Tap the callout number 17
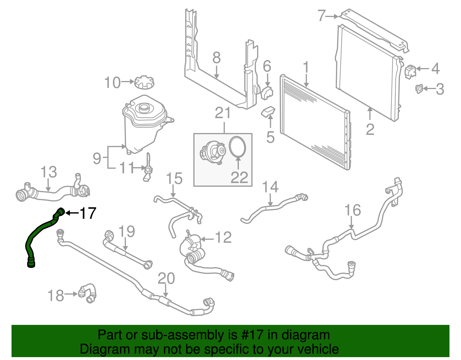coord(88,213)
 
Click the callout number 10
coord(112,83)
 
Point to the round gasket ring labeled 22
coord(237,146)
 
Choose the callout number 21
coord(223,113)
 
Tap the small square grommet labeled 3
coord(420,89)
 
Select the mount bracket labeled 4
coord(410,71)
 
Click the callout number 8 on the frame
coord(216,58)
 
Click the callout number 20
coord(166,278)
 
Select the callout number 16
coord(352,210)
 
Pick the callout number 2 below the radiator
coord(370,129)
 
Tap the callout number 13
coord(49,172)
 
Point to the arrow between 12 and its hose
coord(207,239)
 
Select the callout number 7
coord(322,16)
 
